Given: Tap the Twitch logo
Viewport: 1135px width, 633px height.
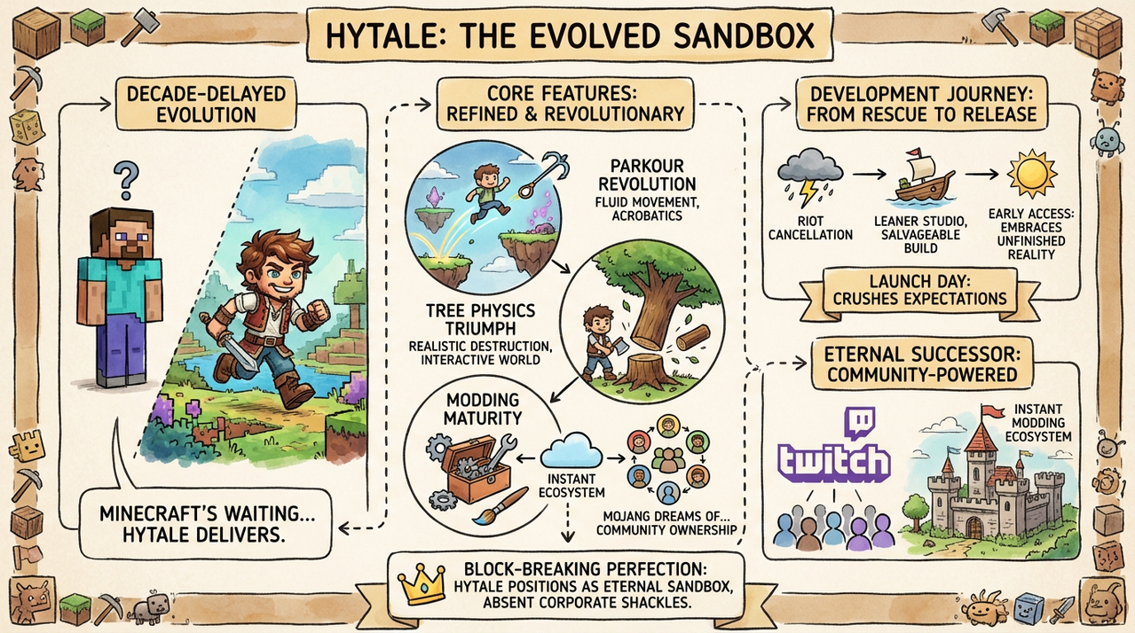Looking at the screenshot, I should tap(832, 449).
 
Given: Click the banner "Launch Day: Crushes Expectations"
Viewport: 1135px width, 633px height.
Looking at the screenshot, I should tap(919, 288).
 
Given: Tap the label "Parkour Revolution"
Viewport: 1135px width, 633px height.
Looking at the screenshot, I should tap(647, 175).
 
